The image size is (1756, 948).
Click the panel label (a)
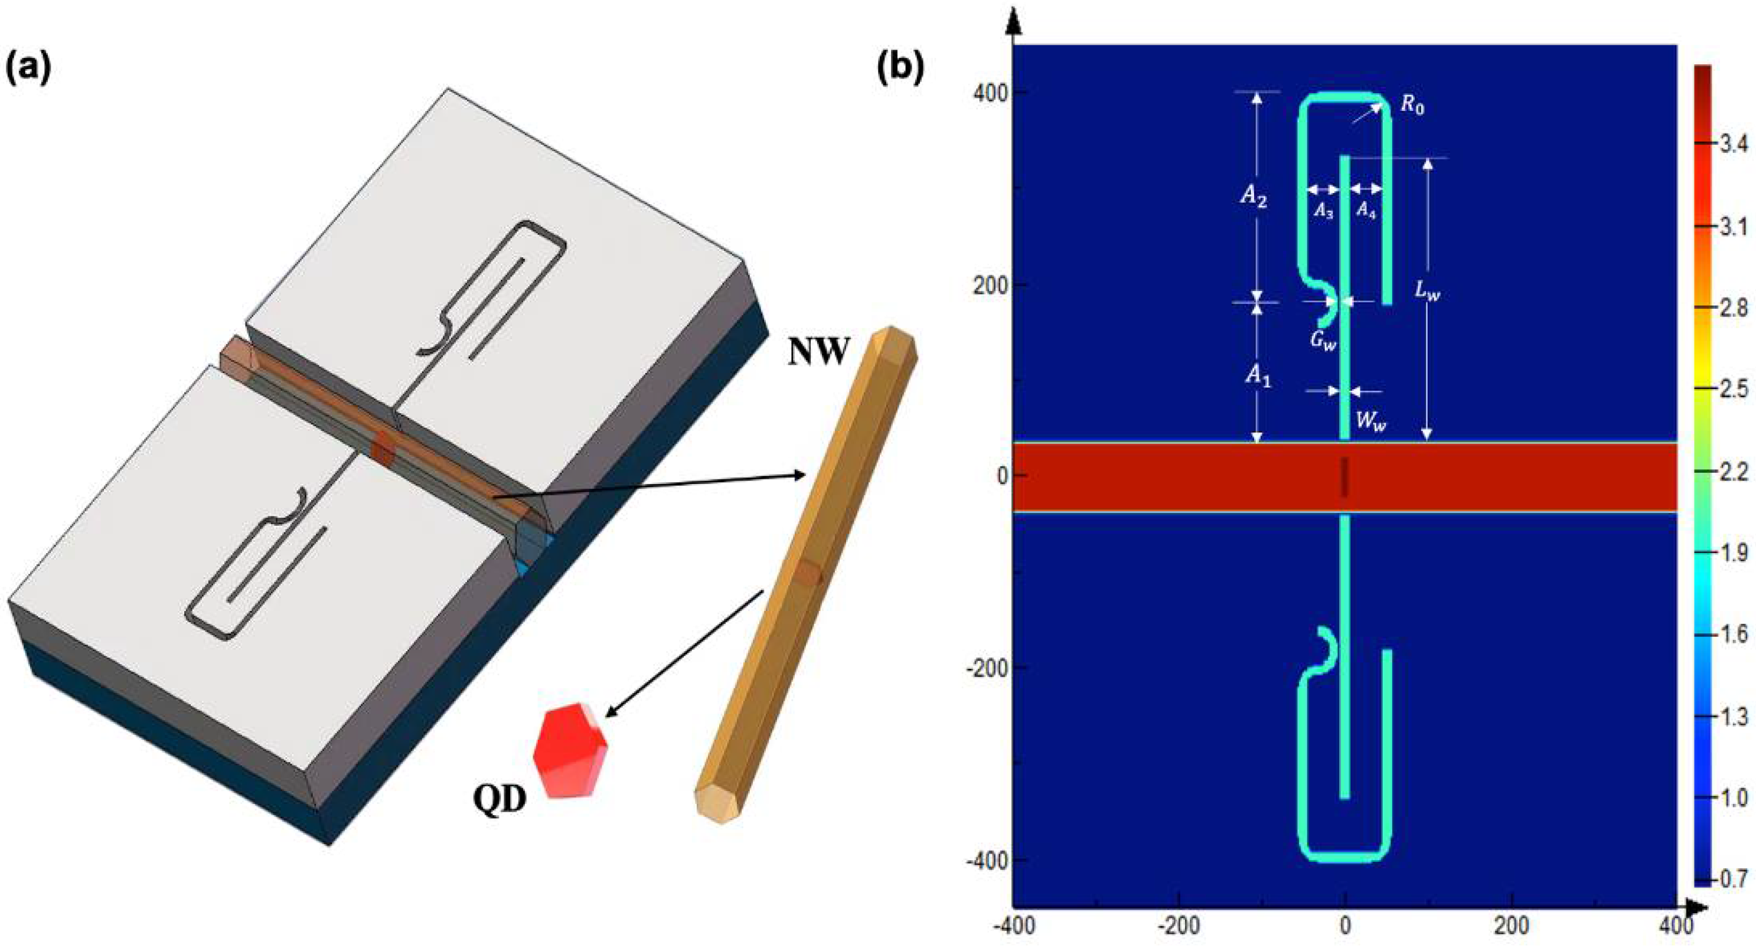click(x=28, y=70)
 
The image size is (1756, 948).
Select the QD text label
click(x=500, y=799)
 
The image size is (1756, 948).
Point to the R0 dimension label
click(x=1412, y=106)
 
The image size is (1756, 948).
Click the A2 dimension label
click(x=1254, y=198)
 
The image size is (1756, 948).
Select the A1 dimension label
click(x=1258, y=375)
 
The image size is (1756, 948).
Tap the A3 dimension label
click(x=1323, y=212)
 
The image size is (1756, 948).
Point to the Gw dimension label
click(x=1323, y=341)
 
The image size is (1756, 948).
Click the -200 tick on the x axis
click(x=1179, y=926)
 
